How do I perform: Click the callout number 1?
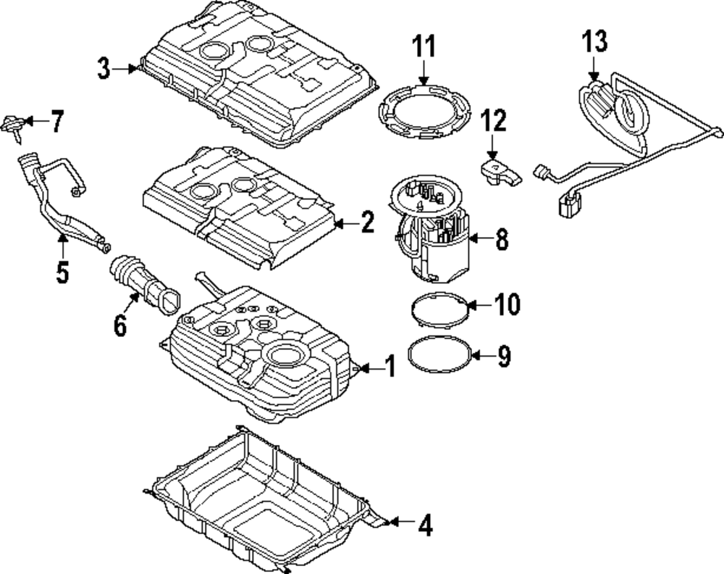[x=390, y=367]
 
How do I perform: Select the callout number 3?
[x=106, y=68]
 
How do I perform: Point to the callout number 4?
[x=425, y=525]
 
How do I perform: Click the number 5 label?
[x=62, y=272]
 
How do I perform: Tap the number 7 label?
[x=57, y=122]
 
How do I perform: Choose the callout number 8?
[x=501, y=239]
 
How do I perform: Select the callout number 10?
[x=507, y=305]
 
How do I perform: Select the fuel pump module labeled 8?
[x=433, y=232]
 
